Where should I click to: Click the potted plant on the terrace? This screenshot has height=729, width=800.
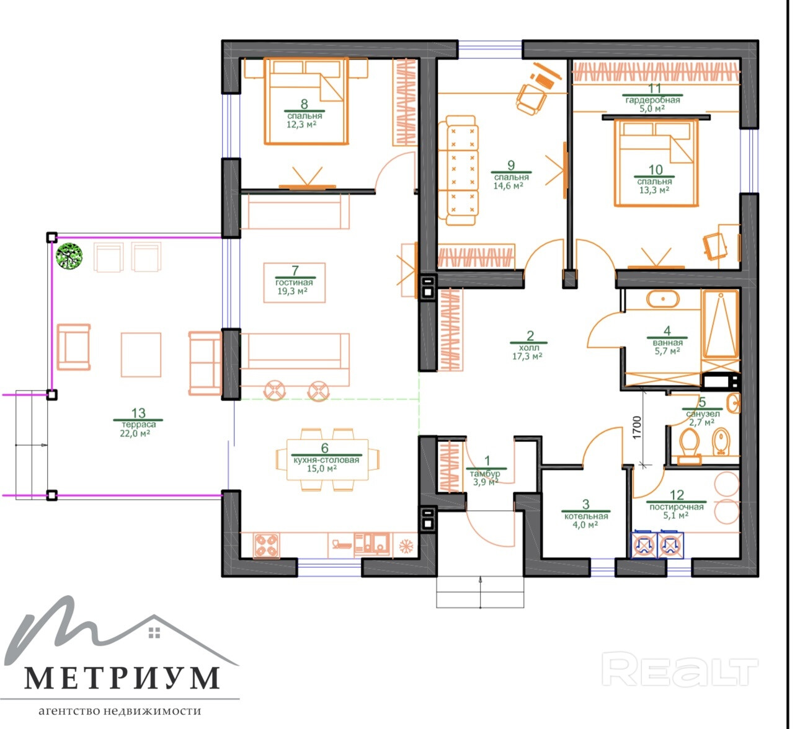point(69,256)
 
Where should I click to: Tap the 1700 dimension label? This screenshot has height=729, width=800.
point(636,428)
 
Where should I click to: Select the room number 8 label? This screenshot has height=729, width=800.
point(304,104)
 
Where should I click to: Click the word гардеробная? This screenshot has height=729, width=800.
point(652,100)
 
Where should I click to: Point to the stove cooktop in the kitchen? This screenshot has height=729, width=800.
point(267,546)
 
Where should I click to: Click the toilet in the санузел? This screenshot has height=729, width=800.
point(689,446)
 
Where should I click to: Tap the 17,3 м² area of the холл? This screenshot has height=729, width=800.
point(527,356)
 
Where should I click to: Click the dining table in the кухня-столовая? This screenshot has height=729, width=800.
point(327,459)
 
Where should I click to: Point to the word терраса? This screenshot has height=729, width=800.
point(138,425)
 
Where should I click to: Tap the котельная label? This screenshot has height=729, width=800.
point(586,516)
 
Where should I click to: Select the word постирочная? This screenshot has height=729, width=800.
point(677,507)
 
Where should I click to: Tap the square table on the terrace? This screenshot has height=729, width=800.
point(141,355)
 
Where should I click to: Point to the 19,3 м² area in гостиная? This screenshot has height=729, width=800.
point(292,291)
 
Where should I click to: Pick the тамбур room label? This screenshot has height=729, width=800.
point(485,474)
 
